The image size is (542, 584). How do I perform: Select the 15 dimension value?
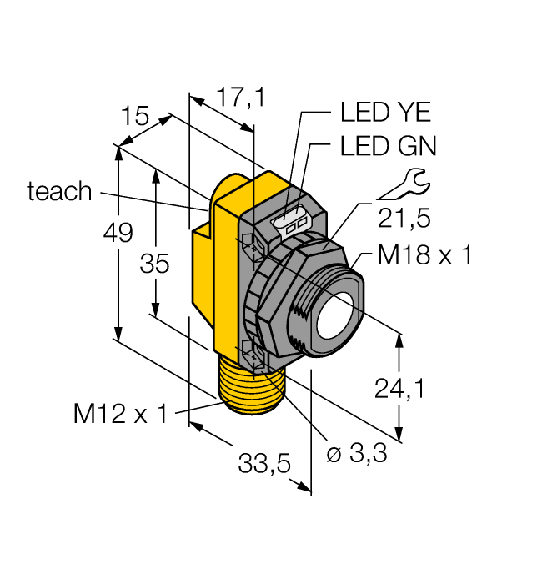[135, 116]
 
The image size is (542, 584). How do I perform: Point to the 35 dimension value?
[154, 264]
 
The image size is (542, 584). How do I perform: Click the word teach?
[59, 192]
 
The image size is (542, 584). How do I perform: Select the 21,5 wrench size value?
[404, 219]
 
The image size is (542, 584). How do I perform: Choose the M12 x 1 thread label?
[120, 413]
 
